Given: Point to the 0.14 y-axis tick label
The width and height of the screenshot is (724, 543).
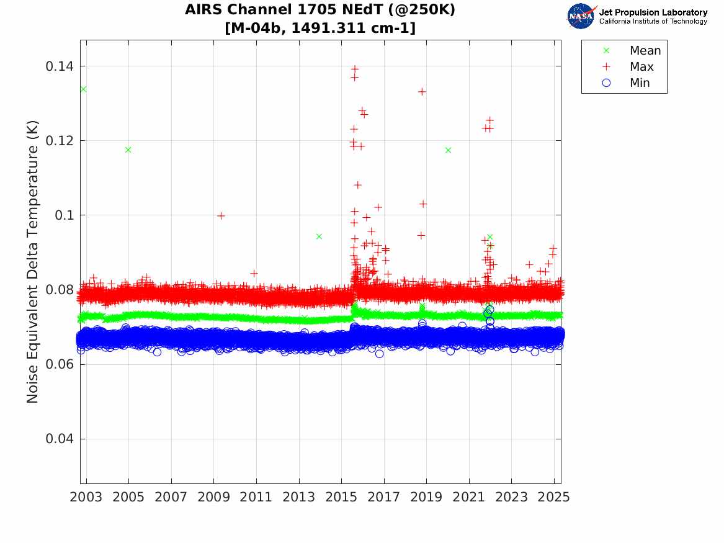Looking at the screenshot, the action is click(59, 66).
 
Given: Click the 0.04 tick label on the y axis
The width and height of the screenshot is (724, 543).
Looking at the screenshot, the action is click(59, 439).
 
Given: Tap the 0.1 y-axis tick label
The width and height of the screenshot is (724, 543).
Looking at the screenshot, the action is click(64, 215).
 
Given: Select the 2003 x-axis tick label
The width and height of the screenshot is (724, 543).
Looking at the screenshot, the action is click(86, 497).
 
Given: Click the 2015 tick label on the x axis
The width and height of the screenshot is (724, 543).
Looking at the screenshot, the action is click(341, 497).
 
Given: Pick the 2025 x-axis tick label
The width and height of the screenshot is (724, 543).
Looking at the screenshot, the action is click(554, 497).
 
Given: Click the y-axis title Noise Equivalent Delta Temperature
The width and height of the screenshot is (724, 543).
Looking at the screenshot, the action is click(32, 262).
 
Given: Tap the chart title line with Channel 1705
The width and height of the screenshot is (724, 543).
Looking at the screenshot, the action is click(320, 10).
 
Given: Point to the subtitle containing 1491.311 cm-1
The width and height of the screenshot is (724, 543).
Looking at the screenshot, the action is click(320, 28).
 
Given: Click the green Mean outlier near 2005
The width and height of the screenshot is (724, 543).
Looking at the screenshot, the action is click(128, 150).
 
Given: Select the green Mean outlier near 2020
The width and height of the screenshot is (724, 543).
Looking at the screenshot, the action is click(448, 150).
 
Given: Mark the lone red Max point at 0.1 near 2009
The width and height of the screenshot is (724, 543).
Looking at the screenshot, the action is click(221, 215).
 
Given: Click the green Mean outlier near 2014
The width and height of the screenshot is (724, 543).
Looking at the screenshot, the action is click(319, 236).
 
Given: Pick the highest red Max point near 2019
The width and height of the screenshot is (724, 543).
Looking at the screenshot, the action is click(422, 91).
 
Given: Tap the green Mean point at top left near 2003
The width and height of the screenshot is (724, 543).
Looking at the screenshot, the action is click(84, 89).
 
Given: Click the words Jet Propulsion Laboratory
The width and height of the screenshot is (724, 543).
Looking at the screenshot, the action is click(653, 12).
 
